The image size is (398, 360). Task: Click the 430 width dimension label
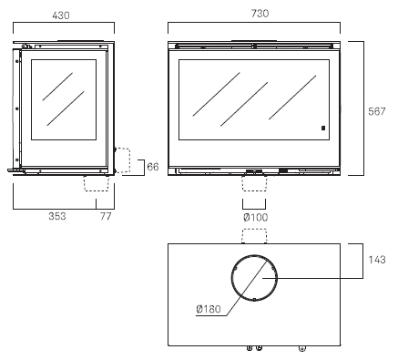61,15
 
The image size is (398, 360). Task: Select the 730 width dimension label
260,14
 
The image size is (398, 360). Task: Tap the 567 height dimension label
376,111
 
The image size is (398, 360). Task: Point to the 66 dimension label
153,167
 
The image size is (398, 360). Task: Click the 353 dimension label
57,216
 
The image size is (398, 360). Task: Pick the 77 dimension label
106,216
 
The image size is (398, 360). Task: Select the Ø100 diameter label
256,218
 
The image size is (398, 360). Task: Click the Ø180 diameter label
209,309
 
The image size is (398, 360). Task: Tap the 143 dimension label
377,260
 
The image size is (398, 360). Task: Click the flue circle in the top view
231,278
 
